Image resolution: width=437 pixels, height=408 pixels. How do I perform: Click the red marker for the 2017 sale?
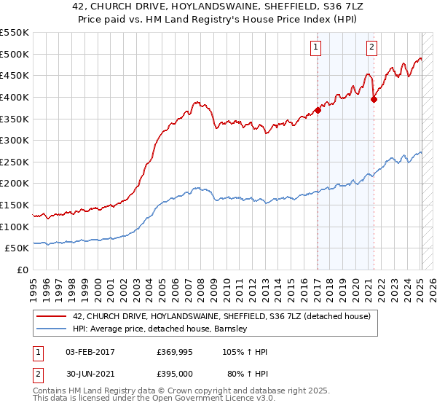[318, 110]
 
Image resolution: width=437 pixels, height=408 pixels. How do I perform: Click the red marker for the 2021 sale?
[374, 100]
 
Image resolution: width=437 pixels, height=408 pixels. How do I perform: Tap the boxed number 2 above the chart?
[371, 48]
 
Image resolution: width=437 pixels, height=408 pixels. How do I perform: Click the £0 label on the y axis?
[21, 270]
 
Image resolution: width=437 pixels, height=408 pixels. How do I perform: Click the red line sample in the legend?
[51, 316]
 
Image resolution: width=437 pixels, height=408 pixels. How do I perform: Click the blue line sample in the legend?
[51, 329]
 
